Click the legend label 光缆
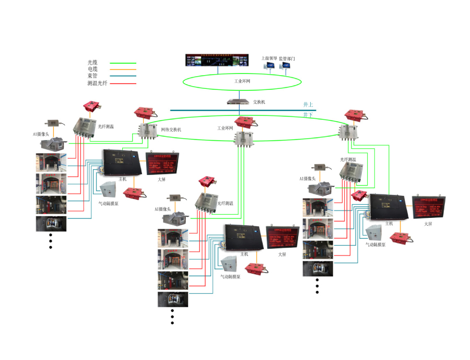pyautogui.click(x=92, y=62)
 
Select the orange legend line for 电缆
pyautogui.click(x=123, y=69)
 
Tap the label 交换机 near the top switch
pyautogui.click(x=259, y=102)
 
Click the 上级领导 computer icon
pyautogui.click(x=269, y=67)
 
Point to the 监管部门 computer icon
pyautogui.click(x=286, y=67)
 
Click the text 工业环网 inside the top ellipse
pyautogui.click(x=242, y=82)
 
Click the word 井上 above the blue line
pyautogui.click(x=308, y=104)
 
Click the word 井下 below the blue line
pyautogui.click(x=308, y=114)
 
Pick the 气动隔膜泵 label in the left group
pyautogui.click(x=109, y=204)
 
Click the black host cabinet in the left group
pyautogui.click(x=123, y=163)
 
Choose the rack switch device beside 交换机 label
pyautogui.click(x=238, y=102)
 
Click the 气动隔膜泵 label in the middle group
pyautogui.click(x=230, y=277)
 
